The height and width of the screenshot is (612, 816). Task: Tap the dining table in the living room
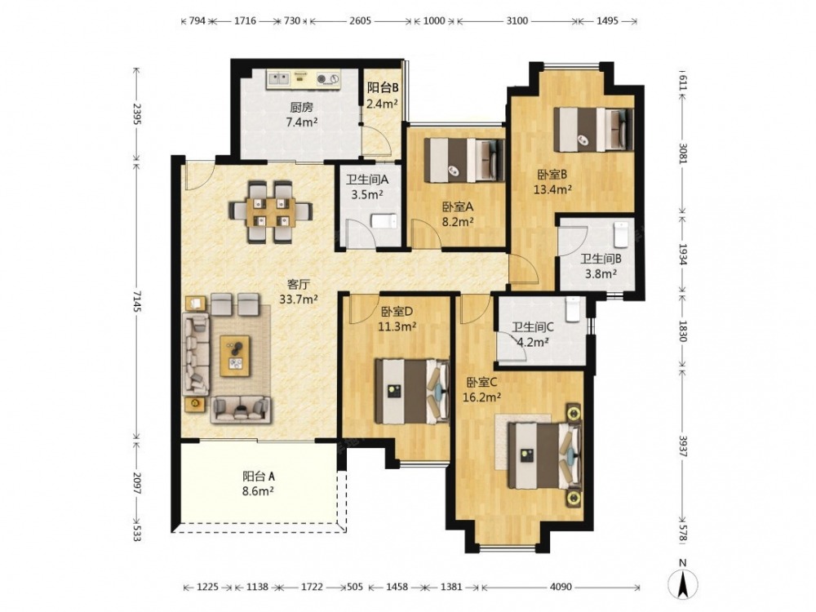(x=271, y=211)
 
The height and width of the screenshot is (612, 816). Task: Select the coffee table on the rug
(x=235, y=356)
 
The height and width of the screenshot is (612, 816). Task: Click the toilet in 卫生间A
(x=384, y=221)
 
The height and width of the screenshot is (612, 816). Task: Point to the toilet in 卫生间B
(x=621, y=235)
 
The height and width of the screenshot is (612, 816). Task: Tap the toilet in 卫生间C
(x=572, y=308)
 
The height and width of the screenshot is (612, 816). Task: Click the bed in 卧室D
(x=411, y=392)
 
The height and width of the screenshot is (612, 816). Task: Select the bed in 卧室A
(x=464, y=160)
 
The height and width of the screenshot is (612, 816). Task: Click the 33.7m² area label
(x=299, y=299)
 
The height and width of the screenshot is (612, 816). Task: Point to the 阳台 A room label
(x=259, y=477)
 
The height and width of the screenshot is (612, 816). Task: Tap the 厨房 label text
(x=302, y=108)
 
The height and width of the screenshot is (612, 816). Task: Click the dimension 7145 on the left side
(x=136, y=301)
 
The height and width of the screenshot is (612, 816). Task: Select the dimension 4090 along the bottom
(x=561, y=587)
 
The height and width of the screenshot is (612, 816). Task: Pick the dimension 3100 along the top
(x=517, y=21)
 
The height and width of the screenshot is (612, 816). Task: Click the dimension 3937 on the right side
(x=683, y=446)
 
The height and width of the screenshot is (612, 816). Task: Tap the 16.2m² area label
(x=482, y=397)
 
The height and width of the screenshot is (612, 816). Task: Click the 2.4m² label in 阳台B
(x=382, y=104)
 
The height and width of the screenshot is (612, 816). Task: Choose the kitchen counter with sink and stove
(x=304, y=79)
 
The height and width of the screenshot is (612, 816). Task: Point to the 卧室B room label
(x=552, y=174)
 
